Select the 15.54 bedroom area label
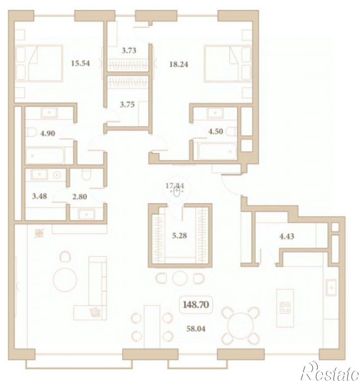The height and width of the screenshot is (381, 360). pos(80,63)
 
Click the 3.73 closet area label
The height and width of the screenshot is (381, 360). pos(129,50)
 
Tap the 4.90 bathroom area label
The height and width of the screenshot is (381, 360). pos(48,133)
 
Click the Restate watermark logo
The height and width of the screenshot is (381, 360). pos(329,369)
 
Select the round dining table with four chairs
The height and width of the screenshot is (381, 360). pos(240,325)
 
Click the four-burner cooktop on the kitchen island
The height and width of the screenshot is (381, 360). pos(286,309)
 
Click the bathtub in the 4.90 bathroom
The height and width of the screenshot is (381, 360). pos(45,155)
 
